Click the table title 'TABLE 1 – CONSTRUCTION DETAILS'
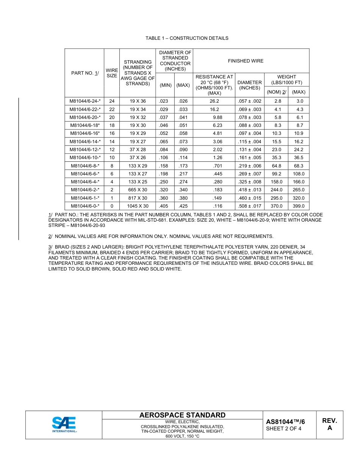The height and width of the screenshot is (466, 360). (187, 38)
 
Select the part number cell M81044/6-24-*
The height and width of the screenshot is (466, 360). (85, 101)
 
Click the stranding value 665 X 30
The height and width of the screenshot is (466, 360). (138, 190)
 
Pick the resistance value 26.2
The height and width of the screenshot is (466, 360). (214, 101)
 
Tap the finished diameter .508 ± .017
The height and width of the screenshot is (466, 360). (249, 206)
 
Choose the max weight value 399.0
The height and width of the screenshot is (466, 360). (299, 206)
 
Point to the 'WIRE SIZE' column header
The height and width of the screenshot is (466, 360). (112, 73)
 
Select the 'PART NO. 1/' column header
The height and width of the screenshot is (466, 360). (85, 73)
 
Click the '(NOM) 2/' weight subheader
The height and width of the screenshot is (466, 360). (276, 92)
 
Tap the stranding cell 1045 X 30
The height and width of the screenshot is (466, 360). (138, 206)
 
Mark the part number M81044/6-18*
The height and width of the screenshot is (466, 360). (85, 125)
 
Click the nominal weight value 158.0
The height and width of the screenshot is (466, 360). (276, 182)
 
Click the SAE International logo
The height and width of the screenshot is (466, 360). (64, 425)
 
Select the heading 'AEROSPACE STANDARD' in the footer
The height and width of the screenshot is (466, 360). (182, 415)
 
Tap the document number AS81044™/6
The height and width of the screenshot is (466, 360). (285, 422)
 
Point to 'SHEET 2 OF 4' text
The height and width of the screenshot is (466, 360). (284, 429)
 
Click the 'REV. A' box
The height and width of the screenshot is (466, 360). (329, 425)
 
